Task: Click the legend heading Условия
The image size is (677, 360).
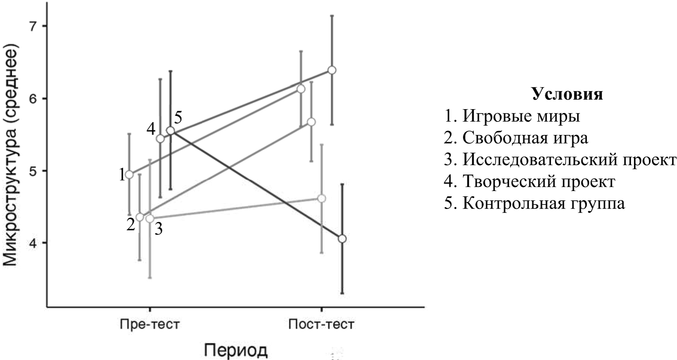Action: [567, 94]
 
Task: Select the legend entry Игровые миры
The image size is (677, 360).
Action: [512, 116]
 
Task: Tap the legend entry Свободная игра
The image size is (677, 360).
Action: [516, 138]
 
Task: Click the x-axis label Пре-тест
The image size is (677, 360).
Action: [150, 324]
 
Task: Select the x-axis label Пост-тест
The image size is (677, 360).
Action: [321, 324]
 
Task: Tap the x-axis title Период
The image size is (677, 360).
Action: [236, 350]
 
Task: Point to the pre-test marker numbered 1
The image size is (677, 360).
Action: [129, 175]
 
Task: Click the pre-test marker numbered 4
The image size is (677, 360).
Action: [160, 139]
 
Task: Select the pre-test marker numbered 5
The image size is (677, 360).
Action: [171, 130]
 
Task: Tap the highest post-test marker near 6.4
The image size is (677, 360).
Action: [332, 70]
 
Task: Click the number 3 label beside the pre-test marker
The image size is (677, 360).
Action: [159, 229]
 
